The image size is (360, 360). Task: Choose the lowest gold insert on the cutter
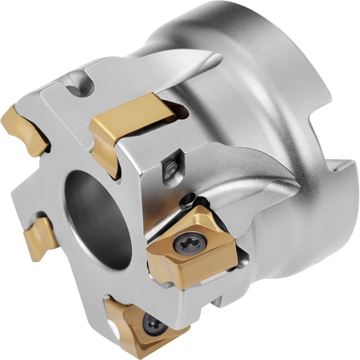pyautogui.click(x=144, y=326)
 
